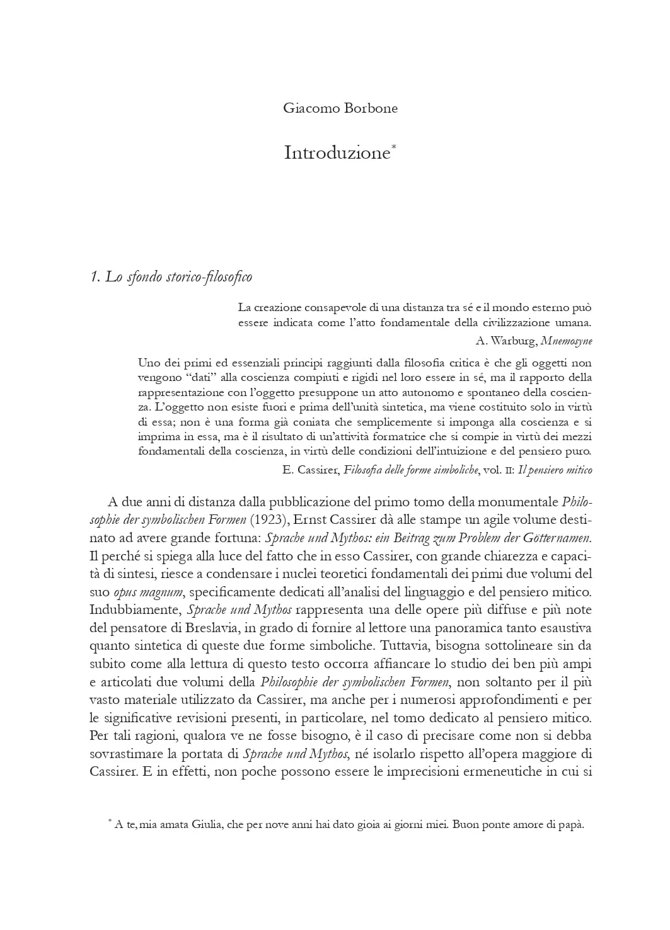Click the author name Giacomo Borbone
tap(340, 108)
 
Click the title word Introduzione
tap(337, 153)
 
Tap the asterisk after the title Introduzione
tap(394, 148)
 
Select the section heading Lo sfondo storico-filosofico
tap(171, 277)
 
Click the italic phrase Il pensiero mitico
tap(555, 470)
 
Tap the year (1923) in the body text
tap(269, 520)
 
